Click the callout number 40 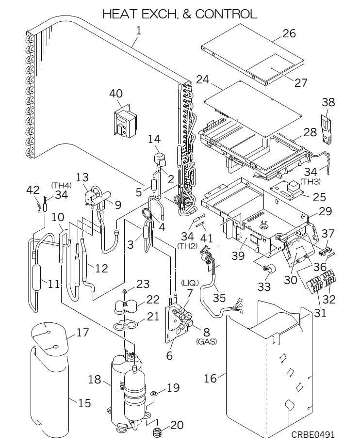click(x=116, y=94)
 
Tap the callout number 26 click(x=289, y=34)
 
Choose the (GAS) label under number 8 click(x=206, y=341)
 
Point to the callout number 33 click(x=264, y=287)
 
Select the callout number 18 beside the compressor click(x=94, y=380)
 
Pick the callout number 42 click(x=33, y=189)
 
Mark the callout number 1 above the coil click(x=138, y=31)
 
